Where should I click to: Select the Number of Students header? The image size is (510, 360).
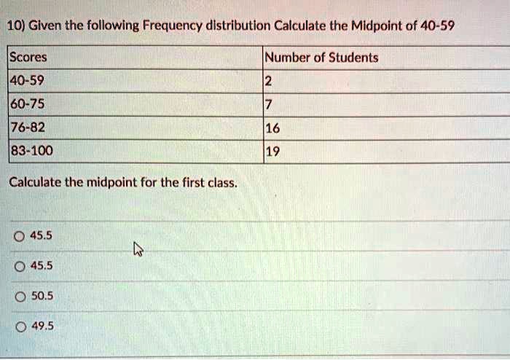tap(321, 58)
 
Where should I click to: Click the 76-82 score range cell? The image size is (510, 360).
tap(28, 128)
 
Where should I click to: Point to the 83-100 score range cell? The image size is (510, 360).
tap(31, 152)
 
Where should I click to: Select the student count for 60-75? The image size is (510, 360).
tap(269, 104)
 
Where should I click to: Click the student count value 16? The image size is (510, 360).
tap(272, 129)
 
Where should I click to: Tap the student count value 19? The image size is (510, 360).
tap(272, 152)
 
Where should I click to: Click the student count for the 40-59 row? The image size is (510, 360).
tap(269, 82)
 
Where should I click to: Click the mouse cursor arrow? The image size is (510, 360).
tap(137, 251)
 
